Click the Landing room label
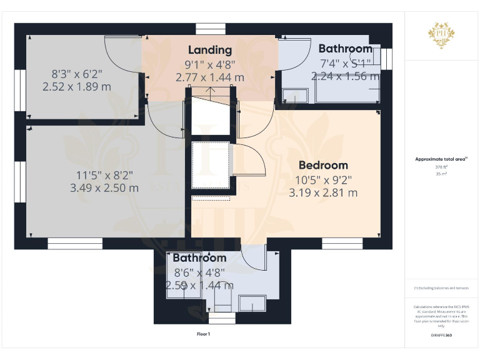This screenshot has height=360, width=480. click(x=210, y=50)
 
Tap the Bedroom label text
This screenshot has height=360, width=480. click(x=323, y=166)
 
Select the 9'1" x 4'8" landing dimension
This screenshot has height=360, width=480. click(x=210, y=64)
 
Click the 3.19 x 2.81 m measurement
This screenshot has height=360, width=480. click(x=323, y=193)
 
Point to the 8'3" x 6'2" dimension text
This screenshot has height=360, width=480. click(x=77, y=73)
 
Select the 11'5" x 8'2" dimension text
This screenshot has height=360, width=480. click(x=104, y=174)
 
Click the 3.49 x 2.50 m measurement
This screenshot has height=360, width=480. click(x=104, y=188)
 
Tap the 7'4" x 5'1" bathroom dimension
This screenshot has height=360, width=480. click(x=346, y=62)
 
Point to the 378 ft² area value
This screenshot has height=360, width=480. click(x=441, y=167)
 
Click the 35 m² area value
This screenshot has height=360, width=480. click(x=441, y=174)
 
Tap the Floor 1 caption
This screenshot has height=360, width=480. click(x=204, y=334)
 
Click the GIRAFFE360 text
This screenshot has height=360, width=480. click(x=441, y=336)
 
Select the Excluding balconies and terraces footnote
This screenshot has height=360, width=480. click(x=441, y=288)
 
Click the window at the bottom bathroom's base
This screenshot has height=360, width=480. click(x=222, y=319)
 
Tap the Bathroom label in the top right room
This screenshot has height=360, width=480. click(x=345, y=49)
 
